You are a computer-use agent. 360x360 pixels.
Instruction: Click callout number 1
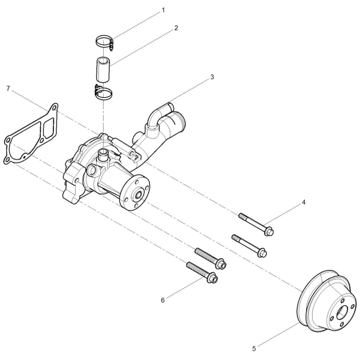point(163,10)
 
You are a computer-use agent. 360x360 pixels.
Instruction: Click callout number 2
point(176,28)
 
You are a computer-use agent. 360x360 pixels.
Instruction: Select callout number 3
point(212,77)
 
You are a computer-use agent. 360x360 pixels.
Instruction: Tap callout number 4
point(304,203)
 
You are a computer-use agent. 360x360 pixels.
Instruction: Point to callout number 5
point(254,349)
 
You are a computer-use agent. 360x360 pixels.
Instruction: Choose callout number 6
point(163,301)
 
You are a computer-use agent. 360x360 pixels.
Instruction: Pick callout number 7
point(8,88)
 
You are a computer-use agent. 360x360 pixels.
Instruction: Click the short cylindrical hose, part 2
point(103,70)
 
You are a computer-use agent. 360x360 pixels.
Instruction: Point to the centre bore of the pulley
point(341,312)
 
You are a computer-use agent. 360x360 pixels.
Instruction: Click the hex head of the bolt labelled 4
point(269,231)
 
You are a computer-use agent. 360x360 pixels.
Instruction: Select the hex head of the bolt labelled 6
point(213,278)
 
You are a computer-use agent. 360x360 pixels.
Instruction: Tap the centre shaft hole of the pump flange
point(139,195)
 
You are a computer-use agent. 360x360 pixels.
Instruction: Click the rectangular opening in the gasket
point(48,128)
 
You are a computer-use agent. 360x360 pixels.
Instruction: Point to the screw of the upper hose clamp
point(112,45)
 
